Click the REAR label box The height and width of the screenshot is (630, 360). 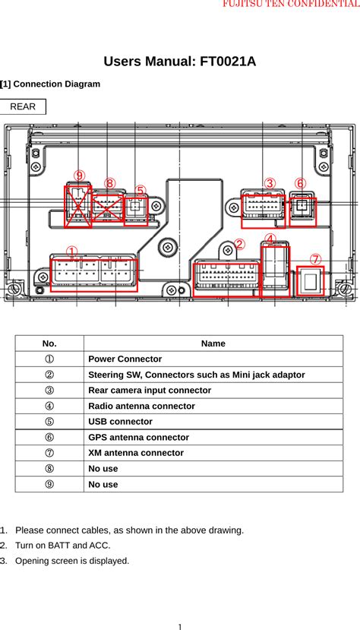click(23, 106)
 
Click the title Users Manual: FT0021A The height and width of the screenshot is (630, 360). click(179, 62)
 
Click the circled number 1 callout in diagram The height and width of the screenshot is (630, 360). click(72, 252)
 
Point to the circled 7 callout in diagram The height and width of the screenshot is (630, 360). click(315, 259)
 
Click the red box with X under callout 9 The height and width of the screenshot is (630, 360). click(77, 207)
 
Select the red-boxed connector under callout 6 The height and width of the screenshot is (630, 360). click(303, 209)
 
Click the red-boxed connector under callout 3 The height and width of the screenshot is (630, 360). click(262, 211)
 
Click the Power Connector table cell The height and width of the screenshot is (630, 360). click(125, 359)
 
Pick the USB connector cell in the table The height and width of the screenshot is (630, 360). click(120, 421)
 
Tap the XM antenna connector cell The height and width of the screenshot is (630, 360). click(136, 452)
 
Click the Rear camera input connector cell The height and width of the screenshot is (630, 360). click(150, 390)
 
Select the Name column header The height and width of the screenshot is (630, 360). click(213, 343)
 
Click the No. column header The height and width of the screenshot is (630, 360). click(49, 343)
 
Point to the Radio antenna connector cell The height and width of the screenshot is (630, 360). click(141, 406)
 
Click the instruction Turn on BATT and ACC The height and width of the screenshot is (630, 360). click(62, 545)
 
